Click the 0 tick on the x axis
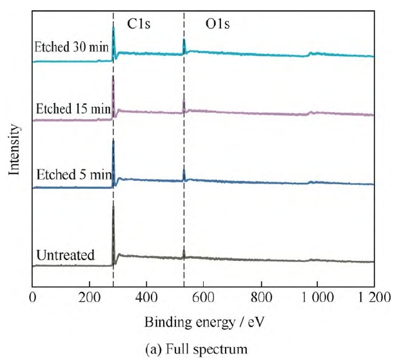click(33, 298)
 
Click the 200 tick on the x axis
click(89, 298)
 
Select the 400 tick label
click(146, 298)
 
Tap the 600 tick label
click(203, 298)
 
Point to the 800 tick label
click(260, 298)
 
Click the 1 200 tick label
click(373, 298)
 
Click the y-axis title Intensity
click(12, 150)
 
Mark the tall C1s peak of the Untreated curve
click(113, 208)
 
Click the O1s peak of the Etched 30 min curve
click(184, 41)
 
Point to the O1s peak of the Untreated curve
click(184, 248)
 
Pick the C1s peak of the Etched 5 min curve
click(113, 141)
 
